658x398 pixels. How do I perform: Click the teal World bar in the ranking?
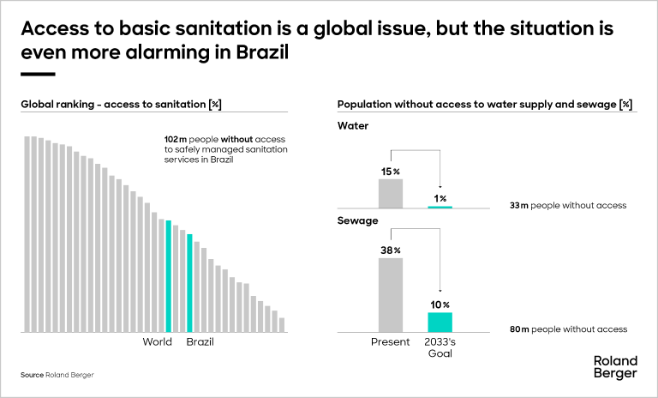click(169, 276)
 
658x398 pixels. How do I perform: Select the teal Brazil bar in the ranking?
click(190, 283)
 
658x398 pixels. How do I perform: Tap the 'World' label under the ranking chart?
click(157, 342)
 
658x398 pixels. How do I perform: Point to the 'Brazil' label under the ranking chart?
click(200, 342)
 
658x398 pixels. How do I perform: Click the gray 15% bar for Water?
click(391, 193)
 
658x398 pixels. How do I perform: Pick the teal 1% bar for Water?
click(440, 207)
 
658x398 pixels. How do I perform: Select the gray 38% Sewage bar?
click(391, 294)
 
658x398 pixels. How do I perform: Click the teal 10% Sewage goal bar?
click(440, 322)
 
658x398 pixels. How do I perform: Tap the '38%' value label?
click(391, 250)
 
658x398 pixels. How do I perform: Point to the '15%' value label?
click(391, 172)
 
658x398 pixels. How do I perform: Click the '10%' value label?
click(440, 305)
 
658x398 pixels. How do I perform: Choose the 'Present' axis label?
click(390, 342)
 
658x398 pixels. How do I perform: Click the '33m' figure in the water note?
click(519, 206)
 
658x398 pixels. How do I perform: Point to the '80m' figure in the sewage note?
click(519, 329)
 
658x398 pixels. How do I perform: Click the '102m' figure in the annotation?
click(176, 138)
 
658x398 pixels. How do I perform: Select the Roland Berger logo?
click(615, 366)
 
